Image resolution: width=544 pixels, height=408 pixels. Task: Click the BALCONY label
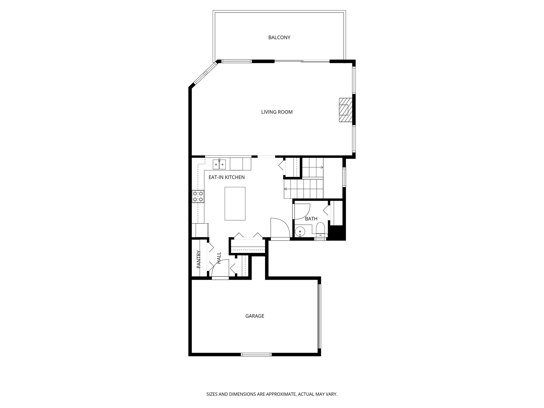pyautogui.click(x=279, y=37)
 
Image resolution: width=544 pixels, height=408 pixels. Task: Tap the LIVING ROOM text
pyautogui.click(x=277, y=112)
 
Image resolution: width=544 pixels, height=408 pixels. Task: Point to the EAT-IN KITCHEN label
pyautogui.click(x=227, y=177)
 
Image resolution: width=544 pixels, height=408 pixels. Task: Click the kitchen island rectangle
pyautogui.click(x=235, y=203)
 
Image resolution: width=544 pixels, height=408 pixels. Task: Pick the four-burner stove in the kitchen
pyautogui.click(x=198, y=197)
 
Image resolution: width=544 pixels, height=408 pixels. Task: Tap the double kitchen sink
pyautogui.click(x=219, y=164)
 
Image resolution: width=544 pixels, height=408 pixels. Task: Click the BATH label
pyautogui.click(x=311, y=219)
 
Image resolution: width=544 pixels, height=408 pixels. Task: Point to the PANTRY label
pyautogui.click(x=199, y=259)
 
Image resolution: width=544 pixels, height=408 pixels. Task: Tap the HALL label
pyautogui.click(x=219, y=258)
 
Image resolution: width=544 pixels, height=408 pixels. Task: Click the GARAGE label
pyautogui.click(x=254, y=316)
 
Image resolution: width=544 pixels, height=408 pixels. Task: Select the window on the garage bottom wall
pyautogui.click(x=256, y=354)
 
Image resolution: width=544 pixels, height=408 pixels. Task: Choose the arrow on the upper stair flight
pyautogui.click(x=322, y=168)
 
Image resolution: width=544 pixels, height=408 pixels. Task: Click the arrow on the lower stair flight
pyautogui.click(x=286, y=189)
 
